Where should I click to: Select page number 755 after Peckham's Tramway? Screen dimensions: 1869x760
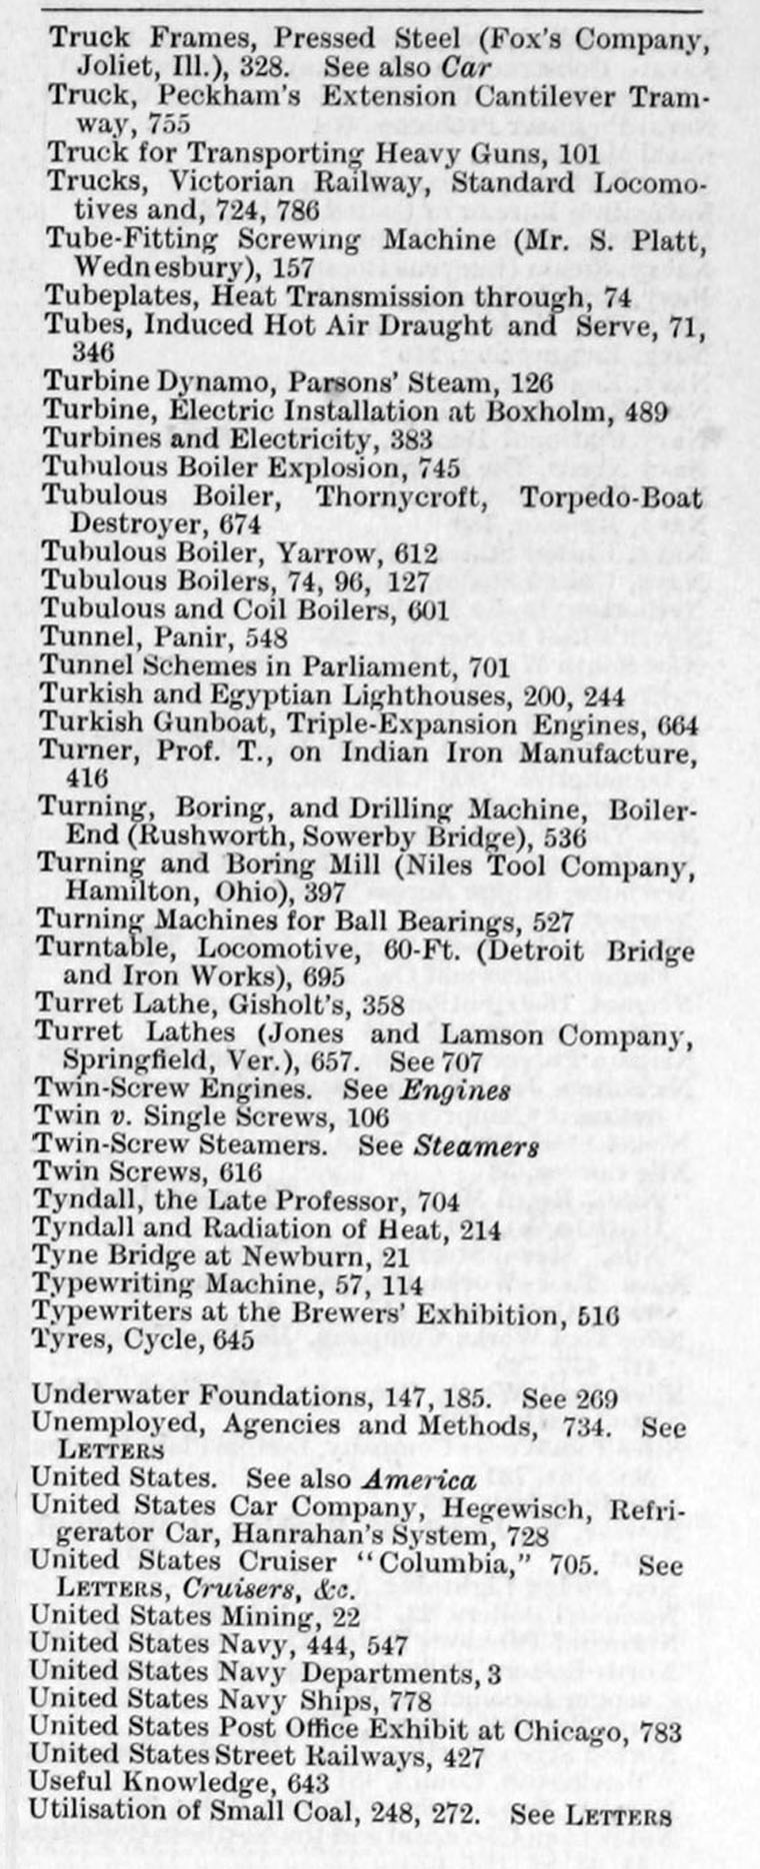point(167,125)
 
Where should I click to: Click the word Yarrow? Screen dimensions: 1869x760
point(335,553)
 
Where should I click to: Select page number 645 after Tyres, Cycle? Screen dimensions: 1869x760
point(232,1339)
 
